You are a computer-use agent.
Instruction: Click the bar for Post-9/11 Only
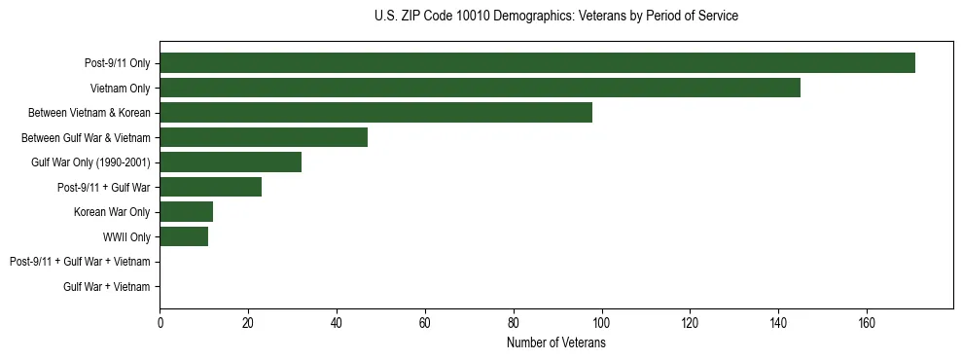click(537, 63)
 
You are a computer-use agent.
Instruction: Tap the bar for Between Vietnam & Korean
click(375, 113)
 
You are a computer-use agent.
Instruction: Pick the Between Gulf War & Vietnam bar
click(264, 137)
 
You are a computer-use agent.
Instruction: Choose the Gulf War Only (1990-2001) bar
click(231, 162)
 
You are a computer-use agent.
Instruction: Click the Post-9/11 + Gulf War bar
click(210, 187)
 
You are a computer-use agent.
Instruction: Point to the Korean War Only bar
click(186, 212)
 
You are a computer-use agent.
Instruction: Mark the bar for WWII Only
click(184, 236)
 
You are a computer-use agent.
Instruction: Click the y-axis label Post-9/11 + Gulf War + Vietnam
click(80, 262)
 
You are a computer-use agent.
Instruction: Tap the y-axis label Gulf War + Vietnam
click(107, 286)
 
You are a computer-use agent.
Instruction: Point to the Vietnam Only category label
click(121, 89)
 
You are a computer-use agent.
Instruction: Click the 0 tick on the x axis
click(160, 322)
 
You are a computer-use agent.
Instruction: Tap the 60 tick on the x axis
click(425, 322)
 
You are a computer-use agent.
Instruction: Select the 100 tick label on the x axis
click(601, 322)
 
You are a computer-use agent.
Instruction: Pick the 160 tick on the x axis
click(867, 322)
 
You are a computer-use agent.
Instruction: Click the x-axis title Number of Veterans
click(556, 342)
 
